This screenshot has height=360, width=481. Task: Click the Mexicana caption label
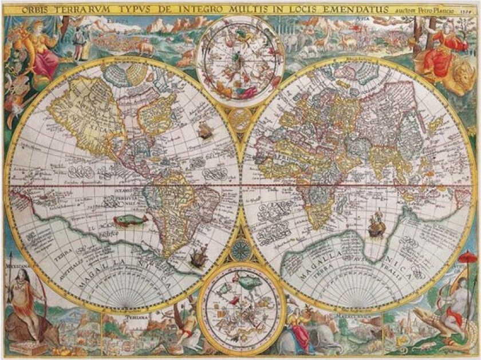(x=18, y=266)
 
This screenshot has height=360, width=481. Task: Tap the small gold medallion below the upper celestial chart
(x=240, y=119)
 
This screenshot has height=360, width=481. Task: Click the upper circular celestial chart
(x=240, y=60)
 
